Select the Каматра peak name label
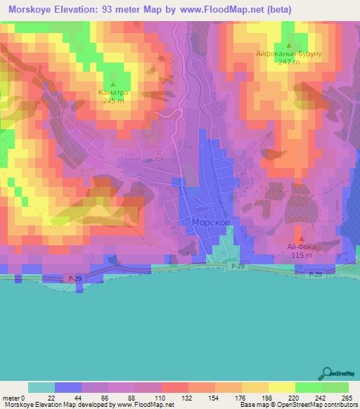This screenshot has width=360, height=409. click(x=112, y=92)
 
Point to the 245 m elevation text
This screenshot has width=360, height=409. click(x=112, y=100)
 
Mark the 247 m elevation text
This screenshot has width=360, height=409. click(x=288, y=62)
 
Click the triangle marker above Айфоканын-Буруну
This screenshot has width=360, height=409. click(x=288, y=45)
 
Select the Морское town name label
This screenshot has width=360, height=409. click(x=211, y=221)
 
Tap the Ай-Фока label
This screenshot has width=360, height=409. click(x=300, y=246)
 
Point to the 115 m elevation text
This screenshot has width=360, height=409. click(x=300, y=254)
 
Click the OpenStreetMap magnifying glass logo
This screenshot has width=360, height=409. click(x=328, y=375)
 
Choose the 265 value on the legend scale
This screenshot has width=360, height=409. click(x=347, y=398)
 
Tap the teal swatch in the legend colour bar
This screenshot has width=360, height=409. click(x=41, y=387)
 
